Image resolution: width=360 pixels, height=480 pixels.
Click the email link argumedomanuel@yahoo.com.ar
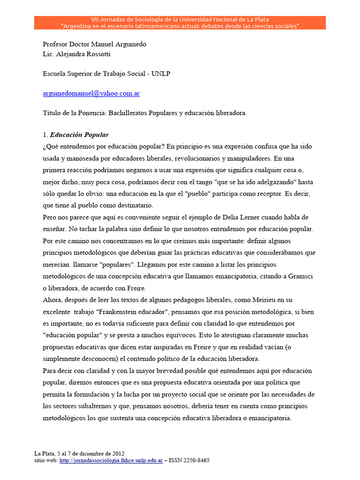click(x=91, y=93)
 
